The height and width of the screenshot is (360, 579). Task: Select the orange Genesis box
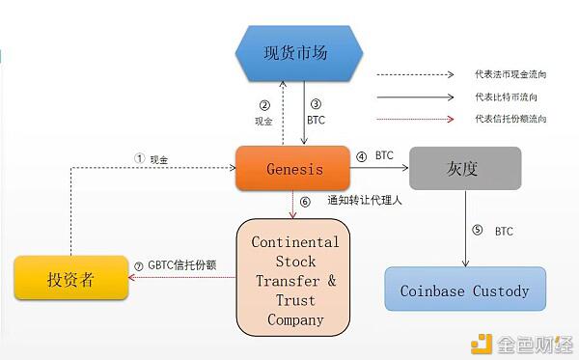(293, 169)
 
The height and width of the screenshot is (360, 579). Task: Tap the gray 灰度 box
(465, 169)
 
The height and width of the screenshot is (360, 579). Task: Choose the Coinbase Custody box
(465, 290)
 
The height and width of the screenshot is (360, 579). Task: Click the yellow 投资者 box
(70, 278)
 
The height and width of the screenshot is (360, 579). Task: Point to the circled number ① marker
(139, 157)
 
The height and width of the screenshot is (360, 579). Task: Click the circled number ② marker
(263, 105)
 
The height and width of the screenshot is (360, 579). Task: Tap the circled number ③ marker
(315, 105)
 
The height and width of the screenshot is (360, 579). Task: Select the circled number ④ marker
(361, 154)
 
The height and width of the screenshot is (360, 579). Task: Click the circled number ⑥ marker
(305, 202)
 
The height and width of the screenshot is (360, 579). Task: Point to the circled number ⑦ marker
(138, 265)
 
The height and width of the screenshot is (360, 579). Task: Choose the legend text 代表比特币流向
(507, 96)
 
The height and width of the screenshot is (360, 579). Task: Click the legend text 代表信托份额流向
(510, 119)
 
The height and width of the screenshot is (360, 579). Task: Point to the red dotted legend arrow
(414, 119)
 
